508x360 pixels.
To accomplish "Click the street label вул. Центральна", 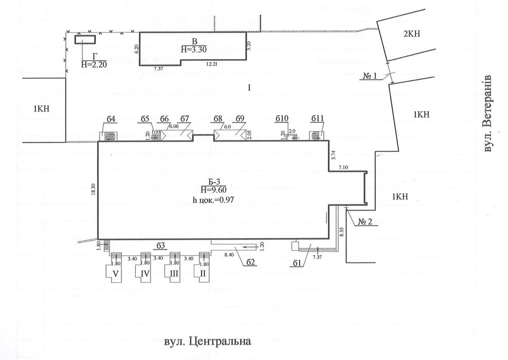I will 207,341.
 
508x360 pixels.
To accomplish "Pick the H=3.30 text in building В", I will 194,50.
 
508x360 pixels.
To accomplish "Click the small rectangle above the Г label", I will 85,40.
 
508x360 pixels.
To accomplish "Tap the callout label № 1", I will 371,76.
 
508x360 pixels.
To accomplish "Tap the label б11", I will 317,119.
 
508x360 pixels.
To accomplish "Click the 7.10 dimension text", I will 343,167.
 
